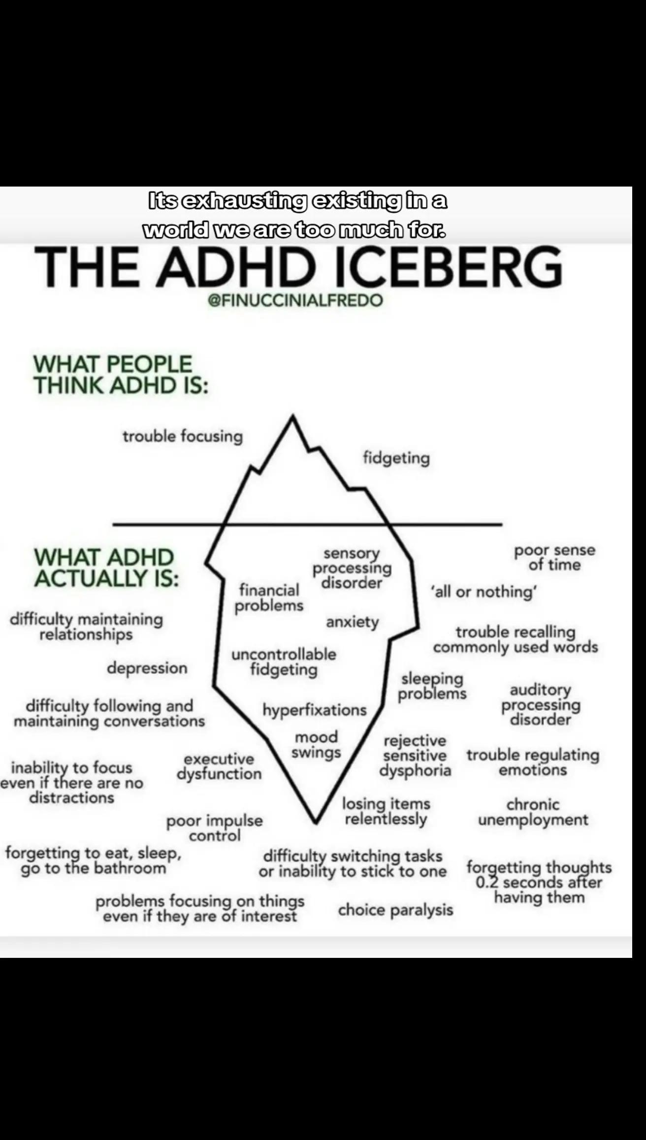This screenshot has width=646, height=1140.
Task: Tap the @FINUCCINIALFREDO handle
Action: pyautogui.click(x=295, y=301)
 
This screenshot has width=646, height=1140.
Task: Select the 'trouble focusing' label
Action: pyautogui.click(x=183, y=437)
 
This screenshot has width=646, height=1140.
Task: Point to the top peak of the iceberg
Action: pyautogui.click(x=293, y=416)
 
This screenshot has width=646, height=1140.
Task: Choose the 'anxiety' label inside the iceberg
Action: pyautogui.click(x=353, y=622)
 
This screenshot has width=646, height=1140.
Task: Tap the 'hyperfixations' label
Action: pyautogui.click(x=315, y=710)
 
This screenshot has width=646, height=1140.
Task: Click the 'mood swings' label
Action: pyautogui.click(x=316, y=745)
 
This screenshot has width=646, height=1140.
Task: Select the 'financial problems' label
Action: pyautogui.click(x=269, y=598)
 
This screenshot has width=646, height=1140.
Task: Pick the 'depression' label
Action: pyautogui.click(x=147, y=668)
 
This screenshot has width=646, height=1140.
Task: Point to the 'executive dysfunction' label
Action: pyautogui.click(x=219, y=766)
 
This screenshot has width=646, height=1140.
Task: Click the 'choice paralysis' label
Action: pyautogui.click(x=395, y=910)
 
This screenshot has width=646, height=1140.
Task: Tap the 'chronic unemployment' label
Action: pyautogui.click(x=533, y=812)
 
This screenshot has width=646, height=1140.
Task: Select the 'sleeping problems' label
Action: pyautogui.click(x=432, y=686)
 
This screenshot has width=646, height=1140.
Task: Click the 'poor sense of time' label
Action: pyautogui.click(x=555, y=557)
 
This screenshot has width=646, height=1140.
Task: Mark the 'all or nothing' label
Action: pyautogui.click(x=484, y=591)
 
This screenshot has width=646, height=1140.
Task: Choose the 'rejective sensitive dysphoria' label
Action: pyautogui.click(x=415, y=756)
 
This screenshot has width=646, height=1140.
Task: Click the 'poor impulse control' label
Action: pyautogui.click(x=215, y=828)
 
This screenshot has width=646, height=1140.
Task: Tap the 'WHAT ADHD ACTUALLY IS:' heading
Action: pyautogui.click(x=106, y=568)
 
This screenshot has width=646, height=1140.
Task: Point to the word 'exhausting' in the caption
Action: pyautogui.click(x=244, y=201)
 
